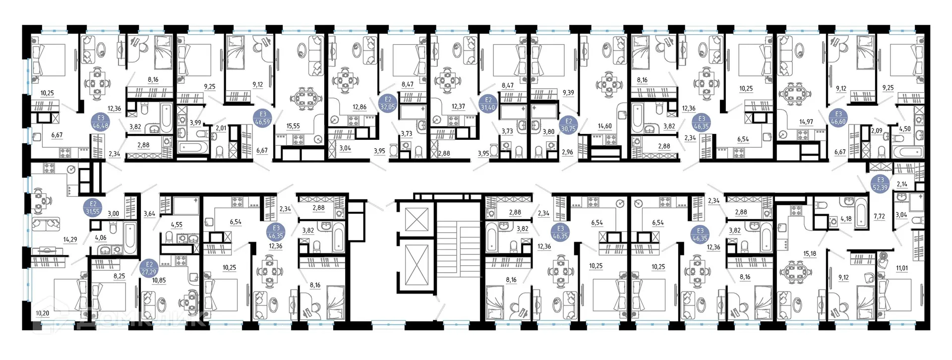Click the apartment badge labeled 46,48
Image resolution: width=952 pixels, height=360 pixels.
click(x=101, y=121)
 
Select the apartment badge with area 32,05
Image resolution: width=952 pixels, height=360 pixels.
click(x=388, y=103)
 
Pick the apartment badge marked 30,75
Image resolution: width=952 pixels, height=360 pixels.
click(x=569, y=124)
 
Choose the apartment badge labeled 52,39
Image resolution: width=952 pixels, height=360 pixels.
click(x=881, y=183)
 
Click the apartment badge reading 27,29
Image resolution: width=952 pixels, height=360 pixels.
click(x=149, y=268)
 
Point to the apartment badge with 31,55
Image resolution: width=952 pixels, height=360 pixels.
click(x=93, y=207)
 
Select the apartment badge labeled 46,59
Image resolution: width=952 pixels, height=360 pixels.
click(x=263, y=118)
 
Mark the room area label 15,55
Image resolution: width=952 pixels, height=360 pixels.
click(x=293, y=126)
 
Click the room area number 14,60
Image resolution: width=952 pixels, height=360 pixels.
click(x=604, y=126)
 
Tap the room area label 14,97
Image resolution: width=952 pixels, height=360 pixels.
click(x=806, y=121)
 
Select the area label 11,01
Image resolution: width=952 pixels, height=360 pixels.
click(x=901, y=268)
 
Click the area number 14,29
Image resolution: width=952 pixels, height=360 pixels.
click(x=70, y=240)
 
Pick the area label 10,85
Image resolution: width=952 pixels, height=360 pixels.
click(x=159, y=280)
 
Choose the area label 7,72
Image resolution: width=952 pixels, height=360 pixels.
click(x=879, y=216)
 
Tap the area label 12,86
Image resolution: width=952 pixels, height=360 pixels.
click(x=359, y=107)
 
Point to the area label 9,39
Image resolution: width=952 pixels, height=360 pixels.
click(x=568, y=92)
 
